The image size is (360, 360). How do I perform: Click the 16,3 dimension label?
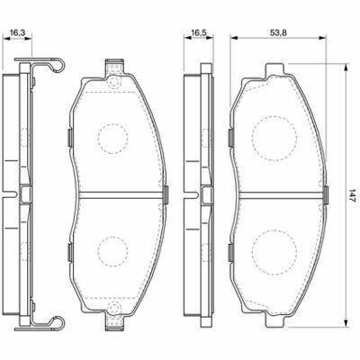(17, 32)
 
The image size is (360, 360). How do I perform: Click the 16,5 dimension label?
(198, 32)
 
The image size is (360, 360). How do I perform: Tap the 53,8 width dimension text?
(278, 32)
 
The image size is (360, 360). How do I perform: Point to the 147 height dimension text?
(352, 195)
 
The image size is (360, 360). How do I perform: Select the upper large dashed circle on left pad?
(112, 139)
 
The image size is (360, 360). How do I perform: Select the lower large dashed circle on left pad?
(112, 251)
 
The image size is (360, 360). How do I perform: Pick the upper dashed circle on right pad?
(274, 137)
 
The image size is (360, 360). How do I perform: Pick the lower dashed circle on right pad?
(274, 253)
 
